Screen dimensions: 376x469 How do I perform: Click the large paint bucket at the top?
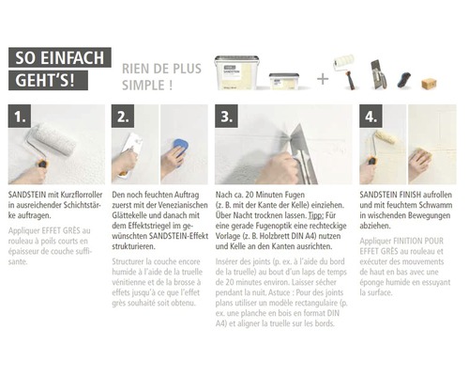click(236, 72)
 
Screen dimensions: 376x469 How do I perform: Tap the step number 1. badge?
click(24, 118)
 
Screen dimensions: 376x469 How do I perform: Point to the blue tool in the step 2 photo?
click(180, 148)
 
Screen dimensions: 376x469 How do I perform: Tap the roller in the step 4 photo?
click(386, 138)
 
